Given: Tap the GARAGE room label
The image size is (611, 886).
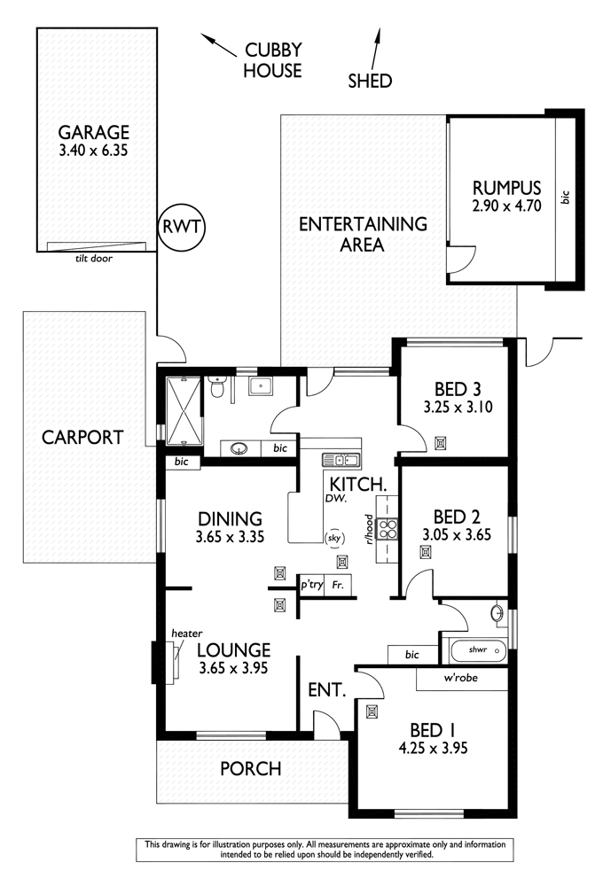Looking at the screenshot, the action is pos(94,132).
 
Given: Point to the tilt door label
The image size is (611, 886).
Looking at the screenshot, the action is pos(94,259).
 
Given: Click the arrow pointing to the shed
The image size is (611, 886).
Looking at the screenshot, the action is pos(376,49).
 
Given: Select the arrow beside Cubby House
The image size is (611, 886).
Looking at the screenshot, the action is pos(219,45).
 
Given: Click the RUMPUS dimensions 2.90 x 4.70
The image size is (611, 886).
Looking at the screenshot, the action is pos(507,206).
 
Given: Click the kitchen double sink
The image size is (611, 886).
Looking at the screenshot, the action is pos(341,460).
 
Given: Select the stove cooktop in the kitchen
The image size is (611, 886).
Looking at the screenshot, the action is pos(388,529).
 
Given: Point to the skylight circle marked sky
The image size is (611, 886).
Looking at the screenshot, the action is pos(333,538).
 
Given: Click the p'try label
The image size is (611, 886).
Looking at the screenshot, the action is pos(312,585).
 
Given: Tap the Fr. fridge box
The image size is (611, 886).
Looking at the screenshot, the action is pos(338,586).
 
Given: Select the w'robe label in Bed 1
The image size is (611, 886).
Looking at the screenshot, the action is pos(460,678).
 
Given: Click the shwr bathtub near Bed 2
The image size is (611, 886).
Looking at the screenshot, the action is pos(478,650).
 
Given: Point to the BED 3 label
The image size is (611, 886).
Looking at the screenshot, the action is pos(458,389).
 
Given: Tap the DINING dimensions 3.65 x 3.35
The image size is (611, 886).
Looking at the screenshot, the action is pos(230,537).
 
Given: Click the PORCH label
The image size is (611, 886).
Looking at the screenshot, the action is pos(251,769).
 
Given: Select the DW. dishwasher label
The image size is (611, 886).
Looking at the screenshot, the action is pos(336,498).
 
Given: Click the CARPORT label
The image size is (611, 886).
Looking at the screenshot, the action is pos(82,438).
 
